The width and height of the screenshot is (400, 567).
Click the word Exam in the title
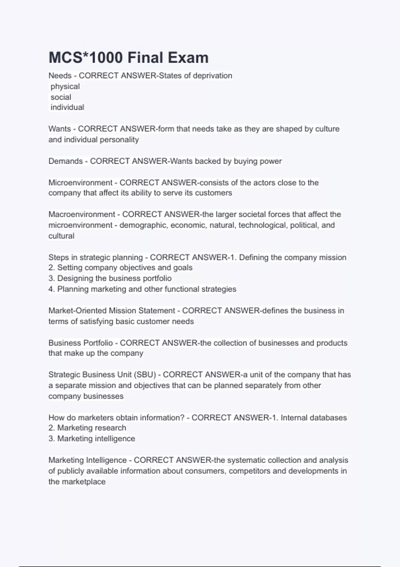188,58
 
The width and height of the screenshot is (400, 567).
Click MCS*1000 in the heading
86,58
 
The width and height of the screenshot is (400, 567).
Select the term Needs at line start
60,76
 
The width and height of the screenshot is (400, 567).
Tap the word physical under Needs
65,86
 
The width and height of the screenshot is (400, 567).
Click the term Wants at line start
60,129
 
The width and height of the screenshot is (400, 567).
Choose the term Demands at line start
66,161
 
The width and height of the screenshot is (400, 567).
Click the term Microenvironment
81,182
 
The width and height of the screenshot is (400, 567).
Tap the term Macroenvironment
82,214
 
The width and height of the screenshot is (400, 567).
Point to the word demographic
143,225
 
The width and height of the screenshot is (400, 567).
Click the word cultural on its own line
61,236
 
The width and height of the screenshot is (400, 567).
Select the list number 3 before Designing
51,278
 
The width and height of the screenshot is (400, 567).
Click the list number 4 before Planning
51,289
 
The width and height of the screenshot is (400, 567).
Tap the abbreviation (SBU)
145,375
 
